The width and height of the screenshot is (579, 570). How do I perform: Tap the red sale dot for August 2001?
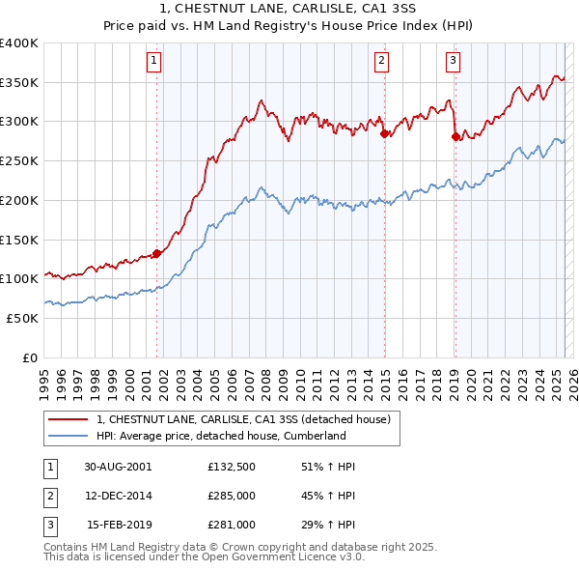[157, 253]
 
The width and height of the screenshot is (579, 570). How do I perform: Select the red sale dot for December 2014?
[384, 133]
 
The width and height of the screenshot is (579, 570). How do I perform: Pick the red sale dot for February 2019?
[455, 136]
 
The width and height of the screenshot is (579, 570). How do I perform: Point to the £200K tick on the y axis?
[19, 200]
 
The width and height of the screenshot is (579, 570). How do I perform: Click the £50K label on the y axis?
[23, 318]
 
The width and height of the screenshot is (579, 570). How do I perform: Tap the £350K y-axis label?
[19, 82]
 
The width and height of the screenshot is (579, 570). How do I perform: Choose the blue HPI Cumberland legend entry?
[221, 436]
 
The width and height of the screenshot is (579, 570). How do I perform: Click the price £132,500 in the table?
[231, 466]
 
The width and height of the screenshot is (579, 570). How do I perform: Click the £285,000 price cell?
[231, 496]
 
